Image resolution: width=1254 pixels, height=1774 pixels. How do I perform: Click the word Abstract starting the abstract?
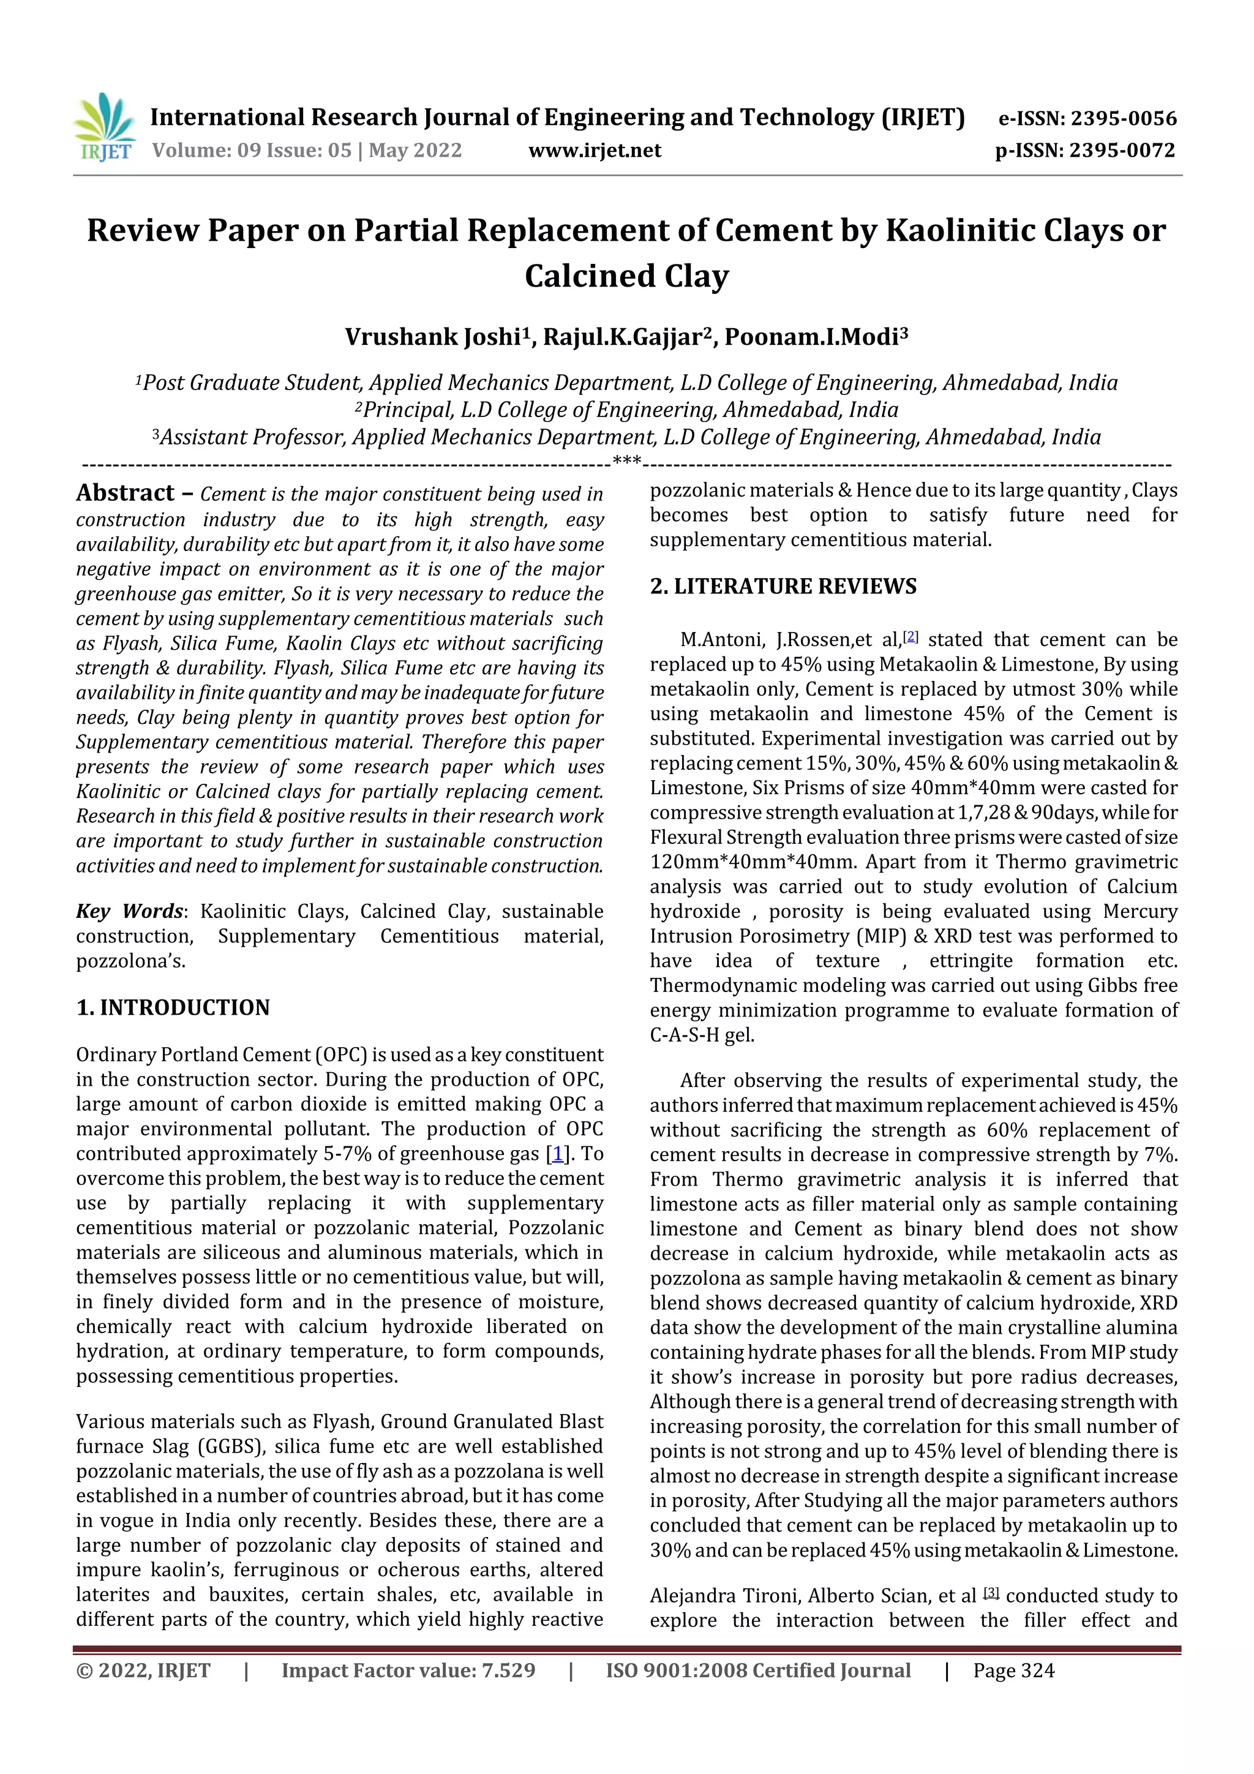point(125,493)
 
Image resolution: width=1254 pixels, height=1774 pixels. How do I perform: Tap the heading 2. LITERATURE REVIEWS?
point(783,587)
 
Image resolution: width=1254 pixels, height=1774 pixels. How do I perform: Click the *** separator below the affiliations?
point(626,462)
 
